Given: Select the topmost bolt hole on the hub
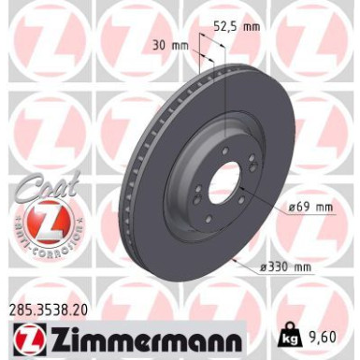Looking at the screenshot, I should (224, 154).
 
